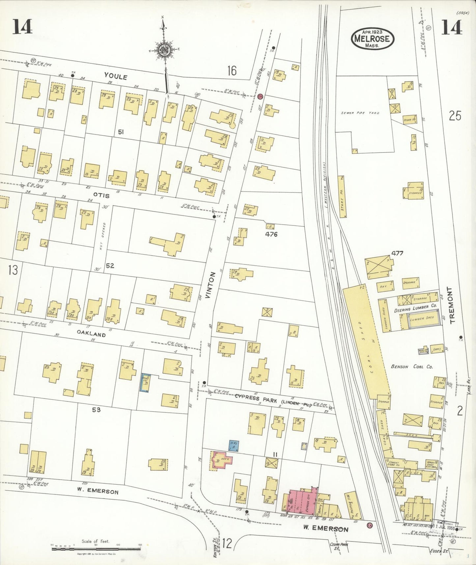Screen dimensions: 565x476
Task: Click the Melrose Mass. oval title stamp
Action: [x=373, y=38]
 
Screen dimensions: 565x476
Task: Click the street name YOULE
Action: [x=116, y=76]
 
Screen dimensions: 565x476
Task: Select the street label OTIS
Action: [x=101, y=195]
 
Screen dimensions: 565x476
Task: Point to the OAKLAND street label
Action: [x=91, y=334]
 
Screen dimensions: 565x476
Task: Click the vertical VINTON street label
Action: [x=211, y=285]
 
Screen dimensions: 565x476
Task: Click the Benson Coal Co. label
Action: [x=412, y=366]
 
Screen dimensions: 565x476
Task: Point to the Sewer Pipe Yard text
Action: [x=360, y=113]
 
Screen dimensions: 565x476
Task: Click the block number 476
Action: [x=271, y=234]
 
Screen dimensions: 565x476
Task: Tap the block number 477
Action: [x=397, y=253]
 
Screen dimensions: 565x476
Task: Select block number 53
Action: [x=96, y=410]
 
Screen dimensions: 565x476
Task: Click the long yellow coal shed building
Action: [x=366, y=343]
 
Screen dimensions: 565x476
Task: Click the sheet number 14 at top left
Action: [x=22, y=27]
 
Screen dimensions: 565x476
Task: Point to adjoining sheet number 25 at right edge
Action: [x=455, y=116]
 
